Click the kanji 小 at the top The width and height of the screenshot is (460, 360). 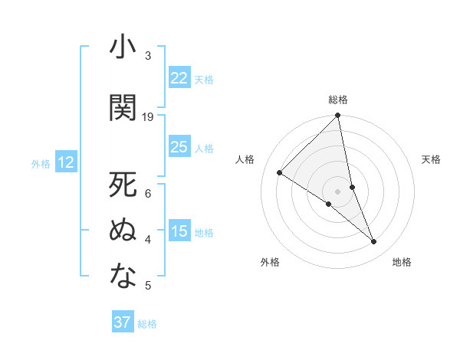coord(123,48)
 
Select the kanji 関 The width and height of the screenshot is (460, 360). coord(123,109)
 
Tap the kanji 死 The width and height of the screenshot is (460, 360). coord(123,185)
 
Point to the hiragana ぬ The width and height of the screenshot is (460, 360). coord(123,231)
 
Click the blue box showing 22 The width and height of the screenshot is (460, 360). coord(179,78)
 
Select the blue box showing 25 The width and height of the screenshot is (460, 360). coord(179,147)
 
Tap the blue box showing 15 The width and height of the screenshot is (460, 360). coord(179,231)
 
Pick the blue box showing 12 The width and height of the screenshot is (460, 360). coord(66,162)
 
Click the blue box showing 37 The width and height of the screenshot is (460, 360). coord(123,322)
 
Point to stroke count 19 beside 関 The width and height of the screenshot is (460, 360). coord(148,117)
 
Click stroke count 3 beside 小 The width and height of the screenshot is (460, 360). coord(148,56)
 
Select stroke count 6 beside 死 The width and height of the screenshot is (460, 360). coord(148,193)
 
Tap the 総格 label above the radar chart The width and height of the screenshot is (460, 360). coord(338,100)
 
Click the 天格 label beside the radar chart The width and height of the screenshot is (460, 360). coord(432,159)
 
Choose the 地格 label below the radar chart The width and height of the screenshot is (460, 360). coord(402,263)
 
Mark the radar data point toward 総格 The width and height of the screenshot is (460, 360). coord(338,116)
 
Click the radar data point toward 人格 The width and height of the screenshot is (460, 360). coord(280,172)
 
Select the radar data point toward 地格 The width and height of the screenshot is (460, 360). coord(374,242)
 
